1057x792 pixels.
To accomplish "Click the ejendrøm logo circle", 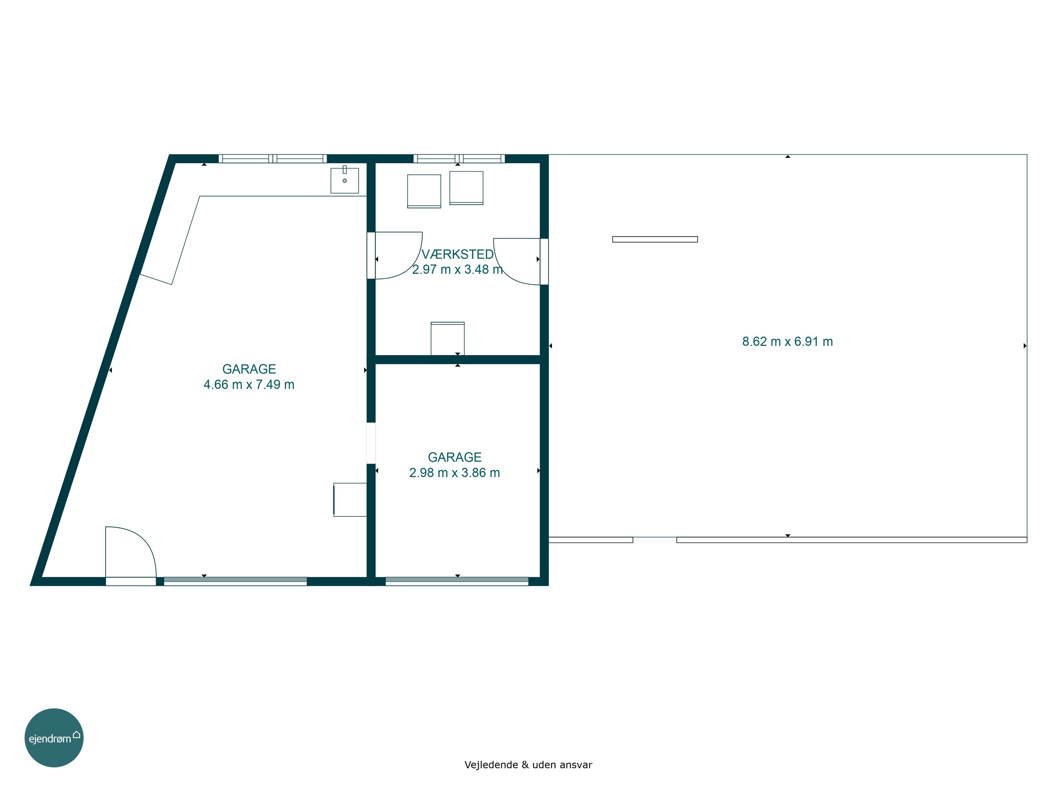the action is [x=54, y=737].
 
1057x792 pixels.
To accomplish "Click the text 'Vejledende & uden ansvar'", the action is [x=528, y=765].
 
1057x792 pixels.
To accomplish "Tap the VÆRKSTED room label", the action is [x=457, y=254].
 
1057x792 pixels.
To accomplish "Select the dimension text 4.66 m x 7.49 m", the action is [x=249, y=384].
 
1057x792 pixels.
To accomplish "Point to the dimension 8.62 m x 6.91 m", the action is [x=787, y=341].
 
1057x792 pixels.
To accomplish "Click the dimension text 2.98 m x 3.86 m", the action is [x=455, y=473].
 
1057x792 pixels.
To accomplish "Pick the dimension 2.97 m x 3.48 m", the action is [x=457, y=269].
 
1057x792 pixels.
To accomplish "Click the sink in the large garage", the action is [x=345, y=180].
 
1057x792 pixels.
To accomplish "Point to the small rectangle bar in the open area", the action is [x=655, y=239].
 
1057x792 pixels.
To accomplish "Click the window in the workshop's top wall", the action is [x=459, y=158].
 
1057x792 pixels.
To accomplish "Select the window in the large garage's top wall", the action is [x=273, y=158].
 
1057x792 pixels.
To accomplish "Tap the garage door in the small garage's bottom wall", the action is [x=457, y=582].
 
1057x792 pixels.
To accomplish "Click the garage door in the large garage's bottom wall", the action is [x=235, y=582].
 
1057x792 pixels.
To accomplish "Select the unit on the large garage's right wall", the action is [x=350, y=499].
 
